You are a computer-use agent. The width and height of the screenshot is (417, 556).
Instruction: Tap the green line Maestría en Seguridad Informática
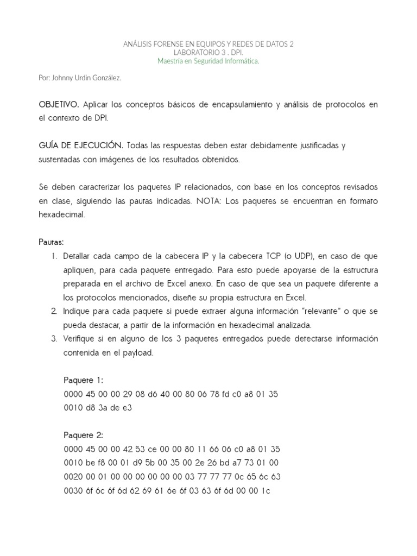point(208,61)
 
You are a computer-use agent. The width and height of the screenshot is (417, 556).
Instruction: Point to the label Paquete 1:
point(83,380)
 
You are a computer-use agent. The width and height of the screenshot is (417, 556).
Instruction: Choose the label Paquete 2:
point(83,435)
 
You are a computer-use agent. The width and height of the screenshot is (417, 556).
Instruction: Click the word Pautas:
point(51,242)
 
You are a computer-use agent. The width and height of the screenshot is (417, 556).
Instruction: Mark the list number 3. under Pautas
point(54,339)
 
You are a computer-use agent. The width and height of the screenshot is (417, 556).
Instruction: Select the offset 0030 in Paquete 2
point(72,491)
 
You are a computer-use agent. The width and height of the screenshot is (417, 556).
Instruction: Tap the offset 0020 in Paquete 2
point(72,477)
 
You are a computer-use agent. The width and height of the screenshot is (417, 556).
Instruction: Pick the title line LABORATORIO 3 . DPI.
point(208,53)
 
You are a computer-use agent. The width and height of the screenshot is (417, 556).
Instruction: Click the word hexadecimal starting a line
point(61,215)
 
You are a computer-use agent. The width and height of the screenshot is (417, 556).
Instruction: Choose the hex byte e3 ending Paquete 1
point(127,408)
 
